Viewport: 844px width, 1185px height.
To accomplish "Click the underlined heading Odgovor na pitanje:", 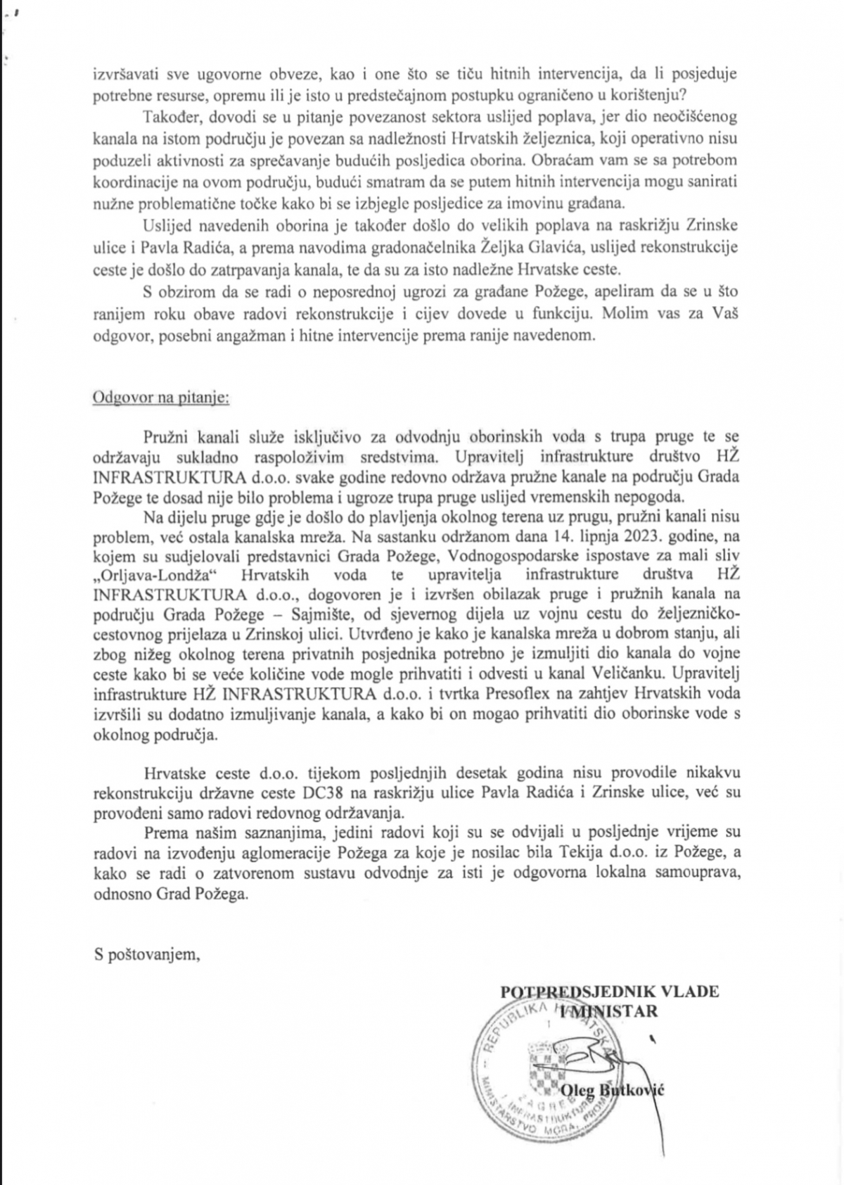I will (x=161, y=398).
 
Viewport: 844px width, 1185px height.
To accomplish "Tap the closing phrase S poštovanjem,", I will (x=147, y=955).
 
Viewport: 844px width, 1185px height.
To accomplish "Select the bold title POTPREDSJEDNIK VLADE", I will (x=609, y=991).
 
